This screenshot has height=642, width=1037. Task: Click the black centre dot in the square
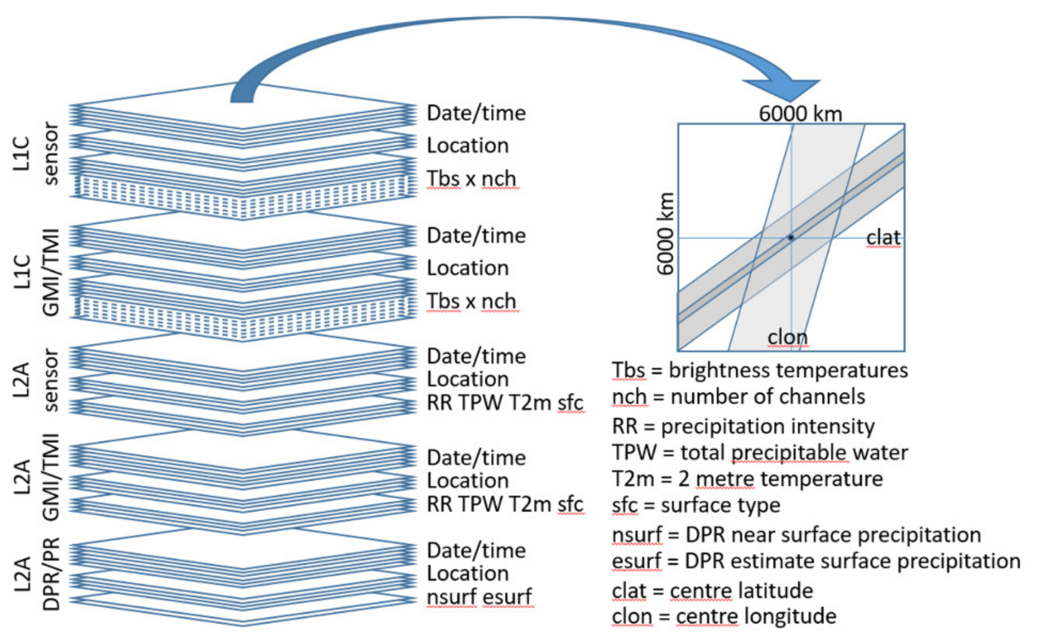(791, 237)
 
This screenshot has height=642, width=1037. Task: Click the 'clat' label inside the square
(883, 237)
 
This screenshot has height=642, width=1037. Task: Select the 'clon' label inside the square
(788, 338)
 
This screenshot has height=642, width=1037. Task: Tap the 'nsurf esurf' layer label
(479, 597)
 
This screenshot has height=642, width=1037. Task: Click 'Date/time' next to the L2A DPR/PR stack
(476, 550)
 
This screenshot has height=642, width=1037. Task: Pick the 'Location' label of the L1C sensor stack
(468, 146)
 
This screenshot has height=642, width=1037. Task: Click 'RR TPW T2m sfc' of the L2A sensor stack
(505, 403)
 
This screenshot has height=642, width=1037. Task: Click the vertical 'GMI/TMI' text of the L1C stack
(51, 272)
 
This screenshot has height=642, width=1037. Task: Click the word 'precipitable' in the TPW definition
(789, 453)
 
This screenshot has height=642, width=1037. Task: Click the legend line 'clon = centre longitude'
(724, 616)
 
